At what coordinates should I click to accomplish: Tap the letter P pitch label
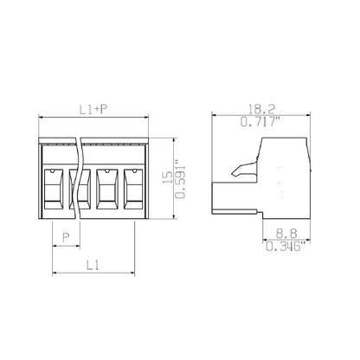click(66, 235)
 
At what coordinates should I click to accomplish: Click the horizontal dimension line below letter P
click(66, 245)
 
